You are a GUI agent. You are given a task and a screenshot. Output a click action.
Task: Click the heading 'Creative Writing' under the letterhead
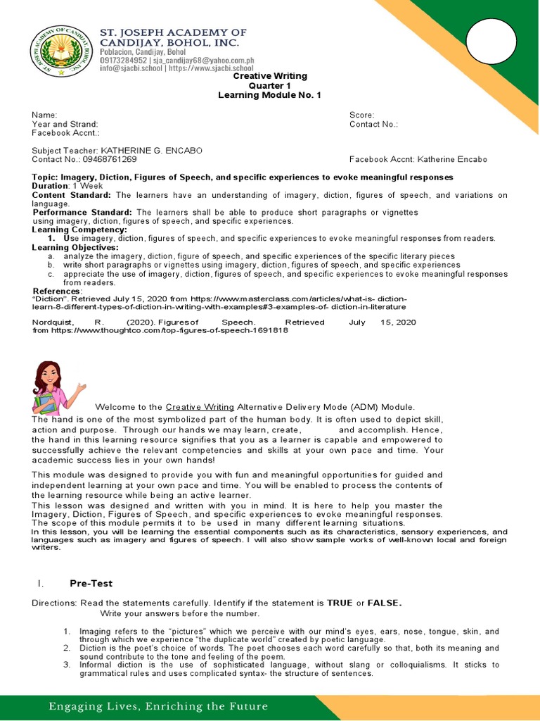point(269,76)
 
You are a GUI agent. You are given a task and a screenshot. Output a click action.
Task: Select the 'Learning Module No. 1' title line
point(269,95)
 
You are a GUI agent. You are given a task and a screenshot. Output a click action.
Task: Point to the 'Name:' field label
point(44,115)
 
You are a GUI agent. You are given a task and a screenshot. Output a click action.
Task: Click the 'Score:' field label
point(362,115)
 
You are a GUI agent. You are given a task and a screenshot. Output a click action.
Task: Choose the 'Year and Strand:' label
point(65,124)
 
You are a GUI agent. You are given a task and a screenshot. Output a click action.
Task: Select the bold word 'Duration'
point(50,186)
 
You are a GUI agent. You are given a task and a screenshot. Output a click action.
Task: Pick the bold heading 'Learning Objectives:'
point(75,247)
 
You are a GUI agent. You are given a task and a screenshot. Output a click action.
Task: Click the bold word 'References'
point(56,291)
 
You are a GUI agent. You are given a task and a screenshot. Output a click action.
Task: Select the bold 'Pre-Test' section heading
point(91,583)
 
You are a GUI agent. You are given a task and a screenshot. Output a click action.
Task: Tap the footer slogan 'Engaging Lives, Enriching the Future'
point(158,706)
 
